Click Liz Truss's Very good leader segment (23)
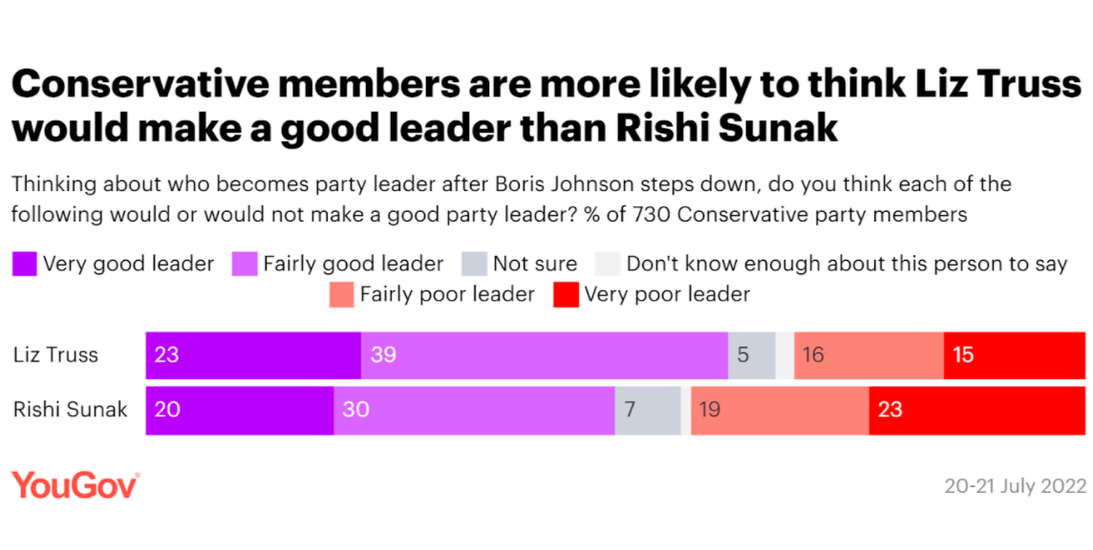[x=253, y=355]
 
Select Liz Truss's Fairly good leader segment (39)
[x=545, y=355]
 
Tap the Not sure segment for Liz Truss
[x=752, y=355]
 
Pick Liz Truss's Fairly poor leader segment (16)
[x=868, y=355]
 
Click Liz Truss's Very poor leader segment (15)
[x=1015, y=355]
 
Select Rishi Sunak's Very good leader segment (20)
[x=240, y=411]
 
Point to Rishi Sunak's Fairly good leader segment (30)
[x=474, y=411]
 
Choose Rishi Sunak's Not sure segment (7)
[x=648, y=411]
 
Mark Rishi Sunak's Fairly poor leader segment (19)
[x=780, y=411]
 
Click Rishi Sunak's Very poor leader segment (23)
[x=977, y=411]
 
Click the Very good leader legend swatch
[x=24, y=264]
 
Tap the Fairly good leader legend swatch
[x=245, y=264]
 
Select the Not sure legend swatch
[x=474, y=264]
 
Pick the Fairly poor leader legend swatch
[x=340, y=294]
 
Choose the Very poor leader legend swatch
[x=566, y=294]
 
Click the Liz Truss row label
[x=55, y=355]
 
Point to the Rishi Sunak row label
[x=70, y=411]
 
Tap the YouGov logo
[x=75, y=485]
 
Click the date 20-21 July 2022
[x=1016, y=486]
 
